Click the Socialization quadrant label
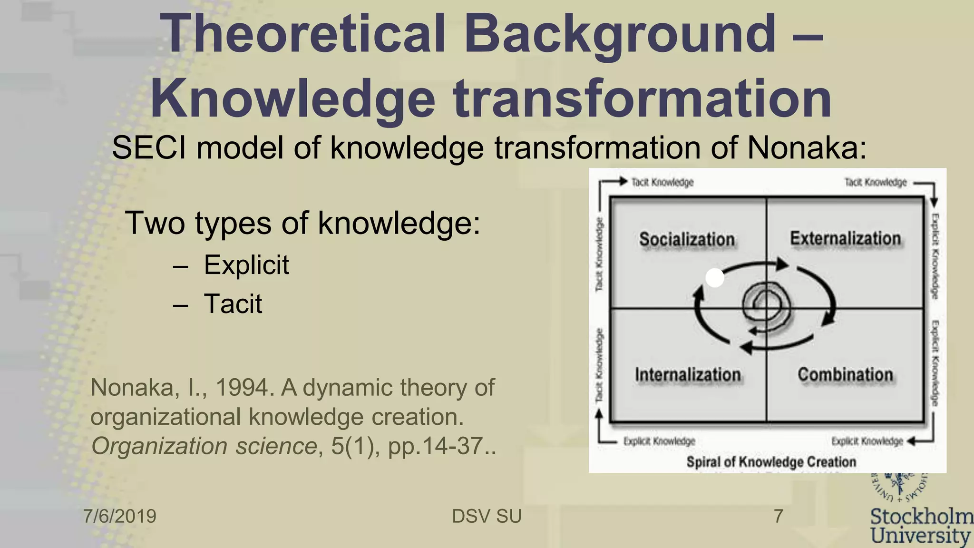point(686,239)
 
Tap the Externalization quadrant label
point(845,238)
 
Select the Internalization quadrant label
point(688,375)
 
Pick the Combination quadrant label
point(845,375)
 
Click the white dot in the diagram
point(714,278)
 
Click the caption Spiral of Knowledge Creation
point(771,461)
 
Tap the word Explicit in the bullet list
point(246,265)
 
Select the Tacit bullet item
point(233,304)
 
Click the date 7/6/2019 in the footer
point(120,516)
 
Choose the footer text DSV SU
point(487,516)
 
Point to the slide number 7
point(778,516)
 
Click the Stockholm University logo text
point(921,526)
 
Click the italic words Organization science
point(204,446)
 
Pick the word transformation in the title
point(641,98)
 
